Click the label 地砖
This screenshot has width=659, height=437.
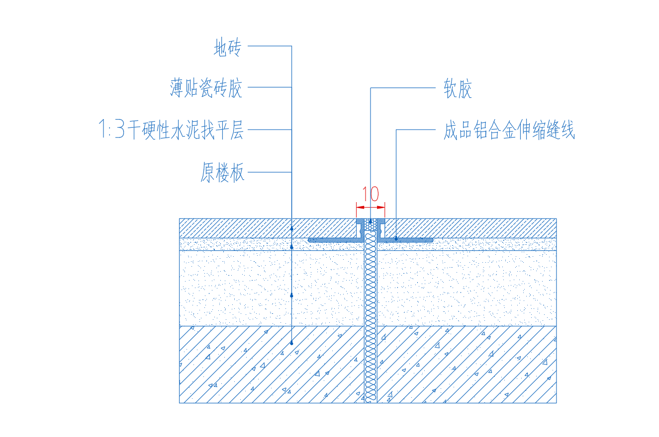click(x=227, y=47)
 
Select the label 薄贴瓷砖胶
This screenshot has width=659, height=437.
click(x=206, y=88)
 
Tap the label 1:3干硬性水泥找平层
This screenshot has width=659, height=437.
click(x=171, y=130)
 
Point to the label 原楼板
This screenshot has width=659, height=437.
click(x=222, y=172)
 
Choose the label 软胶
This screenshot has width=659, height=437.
click(x=458, y=88)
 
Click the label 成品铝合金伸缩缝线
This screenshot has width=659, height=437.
click(x=509, y=130)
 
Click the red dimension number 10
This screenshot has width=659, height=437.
click(x=371, y=194)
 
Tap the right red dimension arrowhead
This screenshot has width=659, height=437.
click(x=381, y=208)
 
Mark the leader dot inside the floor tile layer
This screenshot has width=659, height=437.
click(x=291, y=228)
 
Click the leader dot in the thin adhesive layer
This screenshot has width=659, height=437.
click(x=291, y=247)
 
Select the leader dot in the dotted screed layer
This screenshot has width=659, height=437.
click(x=291, y=295)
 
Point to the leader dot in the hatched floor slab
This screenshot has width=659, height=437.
click(x=291, y=343)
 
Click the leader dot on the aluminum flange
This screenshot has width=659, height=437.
click(x=396, y=239)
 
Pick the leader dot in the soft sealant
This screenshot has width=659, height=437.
click(x=371, y=221)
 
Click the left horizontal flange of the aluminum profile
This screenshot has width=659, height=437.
click(x=336, y=240)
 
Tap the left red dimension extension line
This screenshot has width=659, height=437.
click(x=356, y=210)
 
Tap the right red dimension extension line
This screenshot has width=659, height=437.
click(x=385, y=210)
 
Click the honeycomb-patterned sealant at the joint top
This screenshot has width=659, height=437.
click(x=371, y=224)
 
